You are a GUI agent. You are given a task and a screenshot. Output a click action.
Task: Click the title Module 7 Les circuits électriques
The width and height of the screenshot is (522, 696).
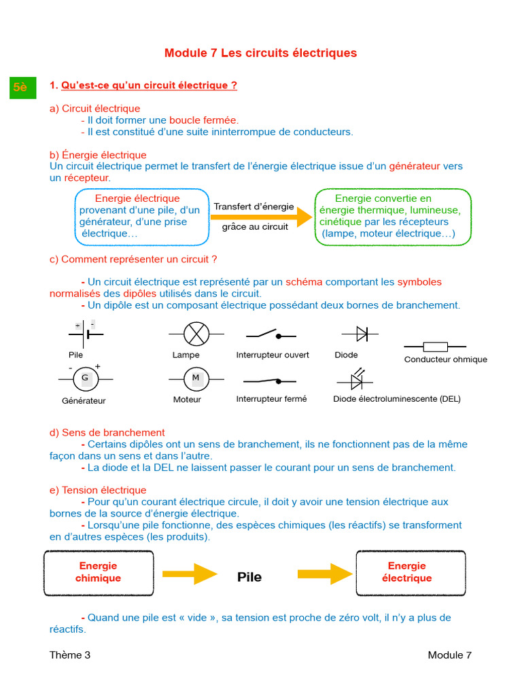[x=260, y=53]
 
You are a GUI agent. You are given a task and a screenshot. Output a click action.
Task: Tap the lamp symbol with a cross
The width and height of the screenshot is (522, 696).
[x=196, y=334]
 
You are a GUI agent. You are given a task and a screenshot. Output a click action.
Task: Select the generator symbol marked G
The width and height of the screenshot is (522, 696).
[x=86, y=378]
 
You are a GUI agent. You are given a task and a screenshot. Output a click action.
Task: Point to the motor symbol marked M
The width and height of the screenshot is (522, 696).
[x=196, y=378]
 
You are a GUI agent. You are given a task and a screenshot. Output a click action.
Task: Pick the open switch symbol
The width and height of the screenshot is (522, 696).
[x=271, y=334]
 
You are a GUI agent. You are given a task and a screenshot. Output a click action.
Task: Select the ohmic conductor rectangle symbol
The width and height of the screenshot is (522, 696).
[x=435, y=346]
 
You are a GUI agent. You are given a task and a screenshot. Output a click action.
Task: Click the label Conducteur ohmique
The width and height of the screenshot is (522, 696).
[x=445, y=360]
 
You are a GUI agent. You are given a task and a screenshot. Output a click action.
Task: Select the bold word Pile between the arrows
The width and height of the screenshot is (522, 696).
[x=249, y=577]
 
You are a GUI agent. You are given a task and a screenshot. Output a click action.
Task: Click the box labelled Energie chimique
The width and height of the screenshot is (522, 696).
[x=99, y=572]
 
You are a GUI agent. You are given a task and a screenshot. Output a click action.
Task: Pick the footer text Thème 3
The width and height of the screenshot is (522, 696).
[x=69, y=655]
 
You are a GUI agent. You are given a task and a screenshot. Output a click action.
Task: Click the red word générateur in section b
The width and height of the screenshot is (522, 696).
[x=414, y=166]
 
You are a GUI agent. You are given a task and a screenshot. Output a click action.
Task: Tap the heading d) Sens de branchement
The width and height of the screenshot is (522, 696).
[x=107, y=432]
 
